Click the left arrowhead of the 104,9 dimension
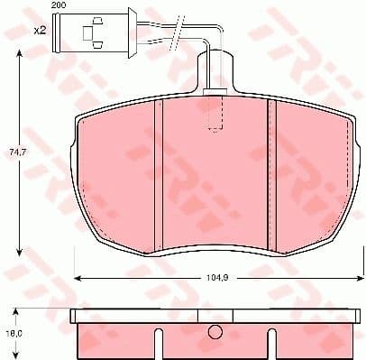pyautogui.click(x=77, y=274)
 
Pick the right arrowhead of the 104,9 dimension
pyautogui.click(x=347, y=274)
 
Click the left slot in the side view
pyautogui.click(x=159, y=344)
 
